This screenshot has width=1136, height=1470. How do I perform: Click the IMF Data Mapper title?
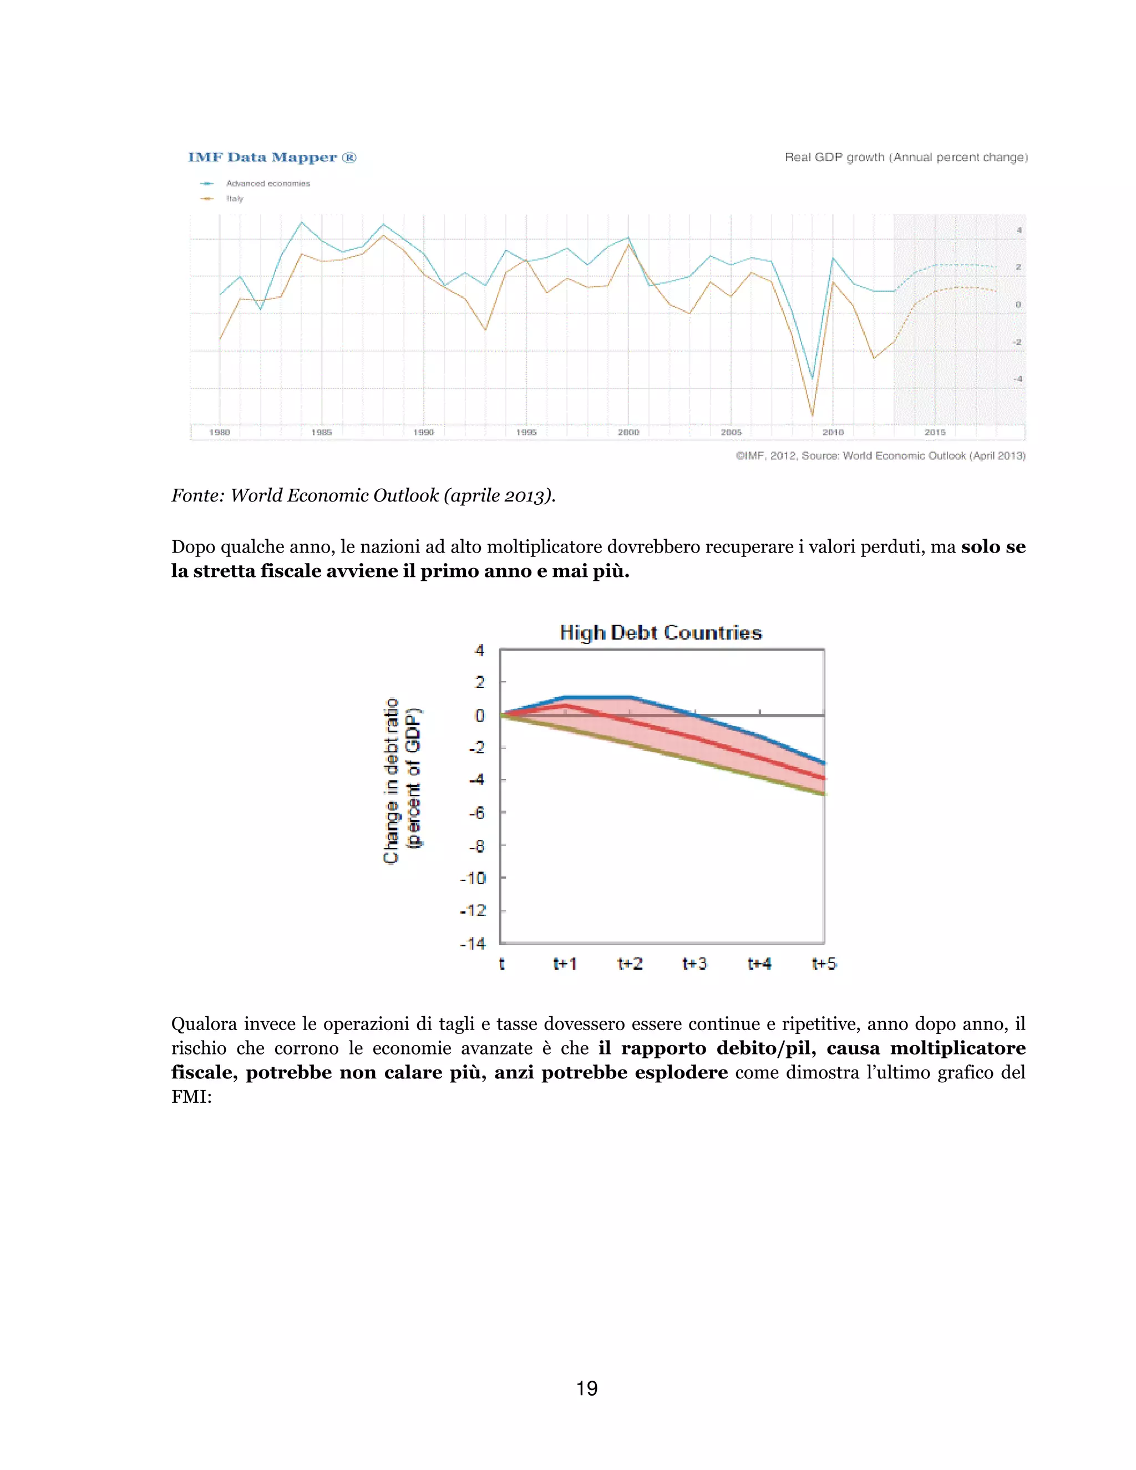[x=272, y=158]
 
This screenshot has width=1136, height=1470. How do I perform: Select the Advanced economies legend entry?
[x=268, y=183]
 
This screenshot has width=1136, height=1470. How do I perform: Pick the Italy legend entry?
[x=235, y=199]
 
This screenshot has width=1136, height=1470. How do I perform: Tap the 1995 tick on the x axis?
[x=526, y=432]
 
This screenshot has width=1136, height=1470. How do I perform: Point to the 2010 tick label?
[x=833, y=432]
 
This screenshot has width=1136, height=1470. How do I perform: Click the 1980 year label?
[x=220, y=432]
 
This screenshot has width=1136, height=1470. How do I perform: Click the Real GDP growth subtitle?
[x=906, y=158]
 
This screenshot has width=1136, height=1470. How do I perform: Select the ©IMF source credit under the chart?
[x=880, y=455]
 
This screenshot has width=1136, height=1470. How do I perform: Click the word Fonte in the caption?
[x=197, y=495]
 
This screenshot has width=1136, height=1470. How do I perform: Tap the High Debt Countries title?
[x=660, y=633]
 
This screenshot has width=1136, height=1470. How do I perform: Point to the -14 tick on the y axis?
[x=473, y=944]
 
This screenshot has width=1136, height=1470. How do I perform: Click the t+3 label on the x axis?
[x=694, y=964]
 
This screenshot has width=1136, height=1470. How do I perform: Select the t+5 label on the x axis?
[x=824, y=964]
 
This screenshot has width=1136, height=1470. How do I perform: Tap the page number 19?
[x=587, y=1388]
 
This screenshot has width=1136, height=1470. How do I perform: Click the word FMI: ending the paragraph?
[x=191, y=1097]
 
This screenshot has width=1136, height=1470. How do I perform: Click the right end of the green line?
[x=824, y=794]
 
